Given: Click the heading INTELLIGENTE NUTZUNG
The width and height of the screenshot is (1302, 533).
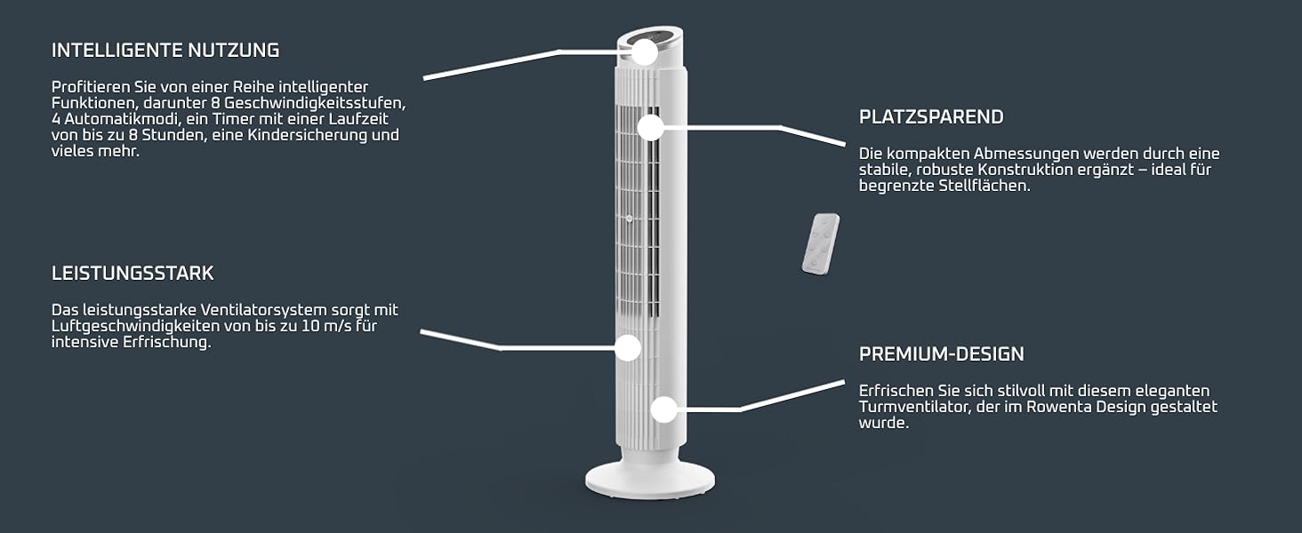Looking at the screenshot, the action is (165, 51).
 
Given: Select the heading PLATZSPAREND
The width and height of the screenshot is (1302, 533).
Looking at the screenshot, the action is (931, 116).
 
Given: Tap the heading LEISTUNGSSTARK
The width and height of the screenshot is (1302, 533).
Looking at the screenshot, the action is (133, 273).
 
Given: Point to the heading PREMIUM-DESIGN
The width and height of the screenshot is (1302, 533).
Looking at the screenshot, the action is (942, 354).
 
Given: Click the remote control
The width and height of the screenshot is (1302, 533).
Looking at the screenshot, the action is (821, 244).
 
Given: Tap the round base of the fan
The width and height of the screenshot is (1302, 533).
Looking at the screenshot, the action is (650, 479).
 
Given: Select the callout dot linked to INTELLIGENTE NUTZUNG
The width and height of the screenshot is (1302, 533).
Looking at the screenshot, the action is (644, 52).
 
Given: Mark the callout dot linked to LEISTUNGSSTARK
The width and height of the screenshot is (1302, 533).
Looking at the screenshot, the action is (628, 348).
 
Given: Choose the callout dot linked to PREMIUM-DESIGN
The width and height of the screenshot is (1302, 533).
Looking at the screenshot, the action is (663, 410).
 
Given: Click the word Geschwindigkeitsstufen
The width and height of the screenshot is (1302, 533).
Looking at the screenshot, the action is (315, 103).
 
